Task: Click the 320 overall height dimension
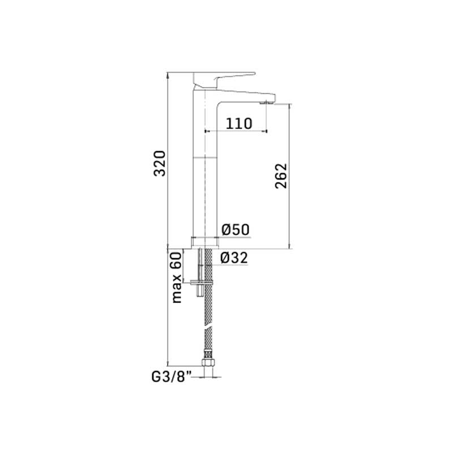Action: click(x=160, y=163)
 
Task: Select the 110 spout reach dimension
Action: click(x=238, y=123)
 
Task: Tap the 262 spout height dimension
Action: click(x=281, y=176)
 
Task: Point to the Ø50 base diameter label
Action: click(x=236, y=230)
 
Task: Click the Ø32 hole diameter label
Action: click(x=234, y=258)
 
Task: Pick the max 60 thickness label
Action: click(x=177, y=277)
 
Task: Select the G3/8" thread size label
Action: click(x=172, y=377)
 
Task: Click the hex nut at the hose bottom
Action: click(x=208, y=362)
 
